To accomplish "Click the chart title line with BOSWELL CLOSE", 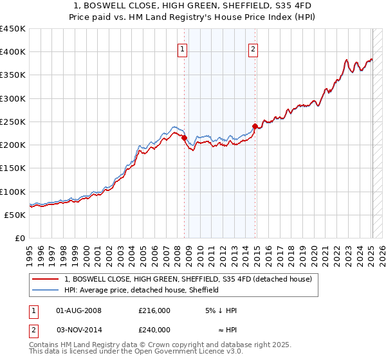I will tap(192, 6).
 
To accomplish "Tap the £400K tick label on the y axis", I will tap(12, 52).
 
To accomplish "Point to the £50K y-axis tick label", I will tap(15, 215).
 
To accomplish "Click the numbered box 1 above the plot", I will tap(182, 49).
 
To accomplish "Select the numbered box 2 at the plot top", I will tap(253, 49).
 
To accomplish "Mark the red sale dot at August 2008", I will tap(184, 138).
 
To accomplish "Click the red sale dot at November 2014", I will tap(255, 127).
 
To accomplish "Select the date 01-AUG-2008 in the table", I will tap(79, 310).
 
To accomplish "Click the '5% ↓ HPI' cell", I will tap(221, 310).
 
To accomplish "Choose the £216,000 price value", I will tap(154, 310).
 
